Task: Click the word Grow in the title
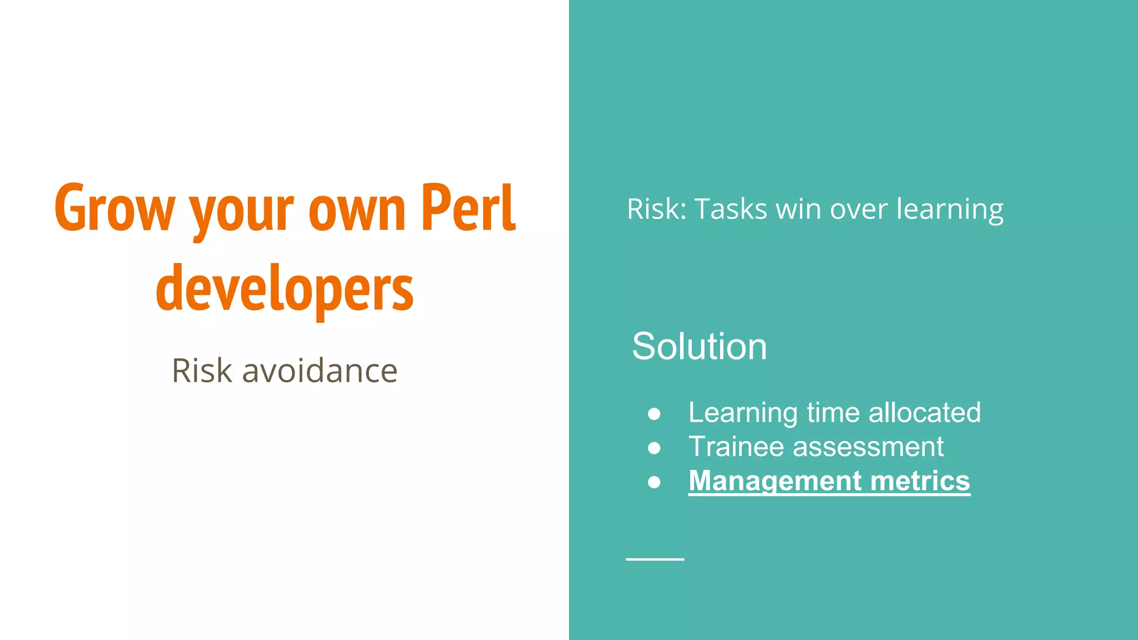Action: (x=114, y=208)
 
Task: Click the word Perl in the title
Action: (x=468, y=208)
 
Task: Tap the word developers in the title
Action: (x=284, y=289)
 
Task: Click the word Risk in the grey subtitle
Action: (x=202, y=371)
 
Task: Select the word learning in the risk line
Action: (x=950, y=209)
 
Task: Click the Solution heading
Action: (x=699, y=346)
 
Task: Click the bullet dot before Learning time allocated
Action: (x=654, y=414)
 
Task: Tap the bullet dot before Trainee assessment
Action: (x=654, y=448)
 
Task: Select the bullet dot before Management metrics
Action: (x=654, y=482)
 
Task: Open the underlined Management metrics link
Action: (x=828, y=481)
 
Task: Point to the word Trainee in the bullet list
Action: (x=736, y=447)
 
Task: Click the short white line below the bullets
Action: (x=655, y=559)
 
